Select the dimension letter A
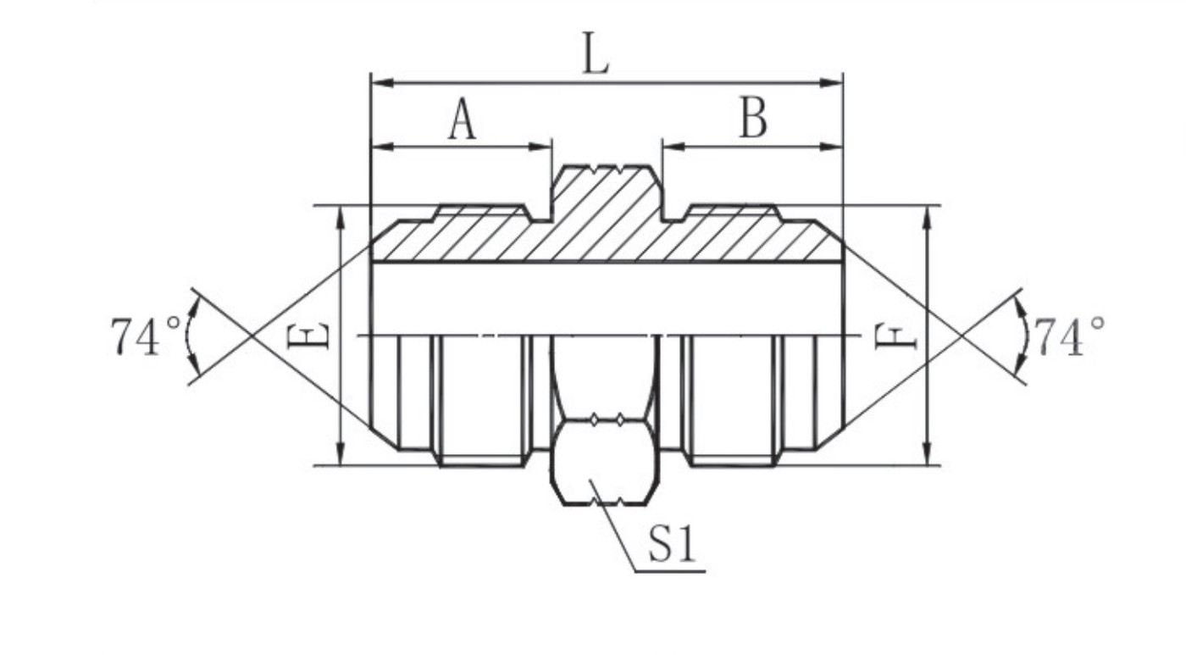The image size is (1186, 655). coord(462,120)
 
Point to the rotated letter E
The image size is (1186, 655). coord(308,336)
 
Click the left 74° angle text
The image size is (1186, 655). coord(146,336)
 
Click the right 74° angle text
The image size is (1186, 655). coord(1069,336)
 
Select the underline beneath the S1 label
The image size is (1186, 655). coord(669,570)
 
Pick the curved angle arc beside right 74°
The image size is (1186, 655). coord(1026,336)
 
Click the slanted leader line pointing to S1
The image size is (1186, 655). coord(614,525)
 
